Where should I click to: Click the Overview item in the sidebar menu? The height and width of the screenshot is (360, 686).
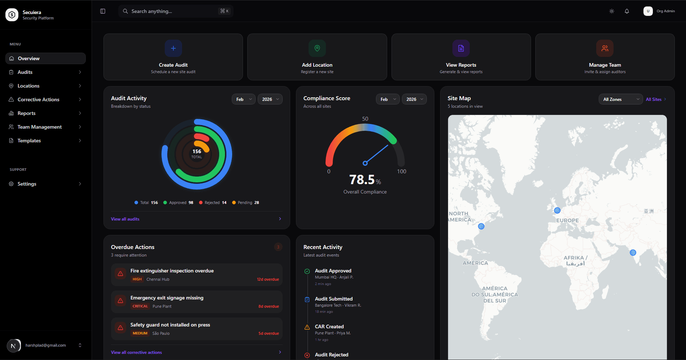coord(29,58)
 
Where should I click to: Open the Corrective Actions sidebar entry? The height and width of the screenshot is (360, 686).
coord(38,99)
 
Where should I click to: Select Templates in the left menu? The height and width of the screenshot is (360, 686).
coord(29,141)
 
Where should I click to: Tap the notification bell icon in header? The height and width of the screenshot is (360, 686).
coord(627,11)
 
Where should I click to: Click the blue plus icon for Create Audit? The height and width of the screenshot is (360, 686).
coord(173,48)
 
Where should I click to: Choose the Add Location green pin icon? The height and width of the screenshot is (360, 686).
coord(317,48)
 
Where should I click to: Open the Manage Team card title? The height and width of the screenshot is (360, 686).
coord(605,65)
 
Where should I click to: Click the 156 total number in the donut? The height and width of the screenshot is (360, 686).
coord(197,152)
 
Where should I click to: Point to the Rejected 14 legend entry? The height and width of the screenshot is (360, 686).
coord(213,203)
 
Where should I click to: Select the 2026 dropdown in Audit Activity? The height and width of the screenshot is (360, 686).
coord(270,99)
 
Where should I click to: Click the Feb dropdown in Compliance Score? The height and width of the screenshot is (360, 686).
coord(388,99)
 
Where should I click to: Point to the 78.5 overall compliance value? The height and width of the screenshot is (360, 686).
coord(362,179)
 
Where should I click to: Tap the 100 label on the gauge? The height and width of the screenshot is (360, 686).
coord(402,172)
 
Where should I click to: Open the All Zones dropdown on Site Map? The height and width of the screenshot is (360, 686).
coord(620,99)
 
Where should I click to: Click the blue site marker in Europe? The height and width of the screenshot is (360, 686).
coord(557,210)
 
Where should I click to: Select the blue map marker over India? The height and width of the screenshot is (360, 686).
coord(633,253)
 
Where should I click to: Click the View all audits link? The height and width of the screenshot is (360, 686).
coord(125,219)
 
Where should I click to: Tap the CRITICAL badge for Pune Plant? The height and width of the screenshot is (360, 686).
coord(140,306)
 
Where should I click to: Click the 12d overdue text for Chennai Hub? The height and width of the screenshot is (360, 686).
coord(268,279)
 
